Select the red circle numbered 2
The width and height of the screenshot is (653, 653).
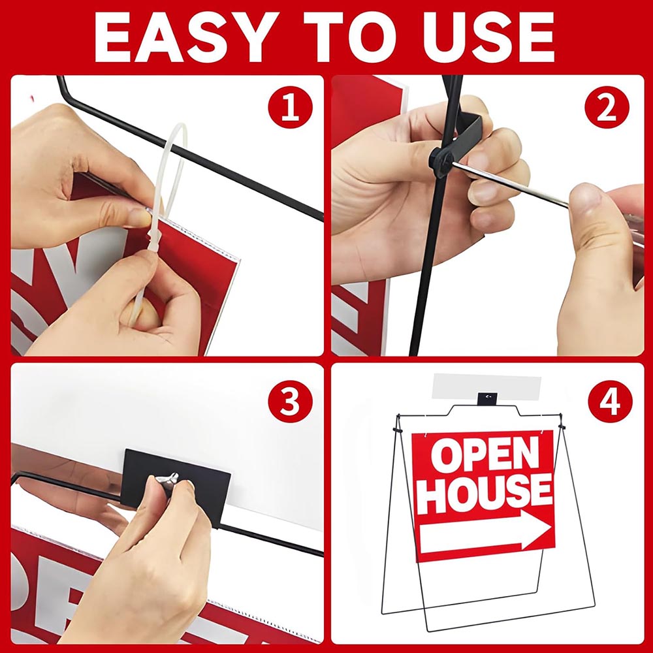[x=606, y=108]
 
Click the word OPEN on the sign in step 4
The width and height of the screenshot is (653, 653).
[x=485, y=454]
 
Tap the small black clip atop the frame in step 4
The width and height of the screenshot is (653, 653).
[x=487, y=398]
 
